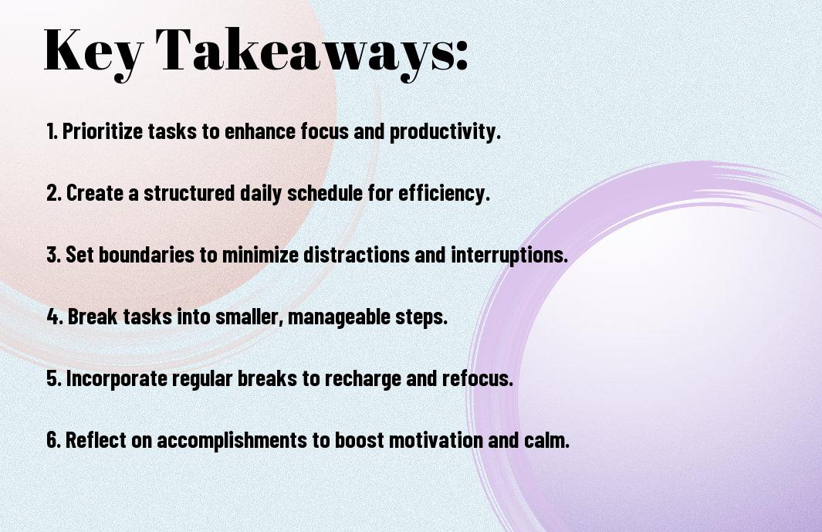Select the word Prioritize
pyautogui.click(x=102, y=131)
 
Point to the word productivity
pyautogui.click(x=445, y=131)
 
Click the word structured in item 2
pyautogui.click(x=189, y=192)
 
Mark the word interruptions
pyautogui.click(x=509, y=255)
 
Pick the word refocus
pyautogui.click(x=478, y=378)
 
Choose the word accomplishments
pyautogui.click(x=232, y=440)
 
